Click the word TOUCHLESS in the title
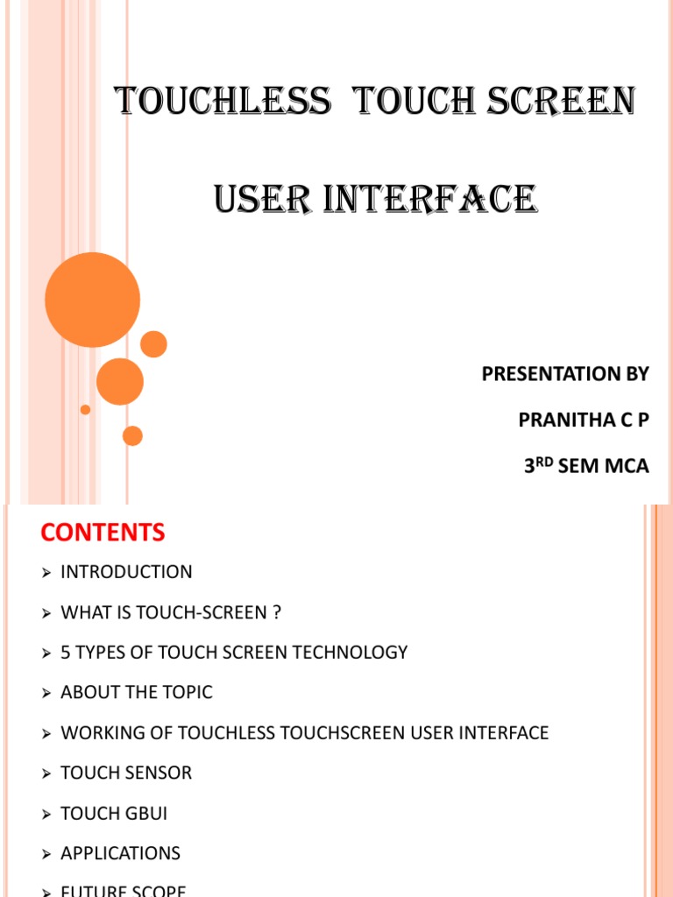[224, 102]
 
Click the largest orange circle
[92, 300]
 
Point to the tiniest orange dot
[85, 409]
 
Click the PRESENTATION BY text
[565, 374]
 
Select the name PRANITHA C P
[584, 420]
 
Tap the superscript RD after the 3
[544, 462]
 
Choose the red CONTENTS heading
[103, 532]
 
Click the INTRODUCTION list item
[126, 572]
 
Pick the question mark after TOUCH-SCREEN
[277, 612]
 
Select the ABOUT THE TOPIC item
[137, 693]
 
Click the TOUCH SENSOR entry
[126, 773]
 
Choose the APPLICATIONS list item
[120, 854]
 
